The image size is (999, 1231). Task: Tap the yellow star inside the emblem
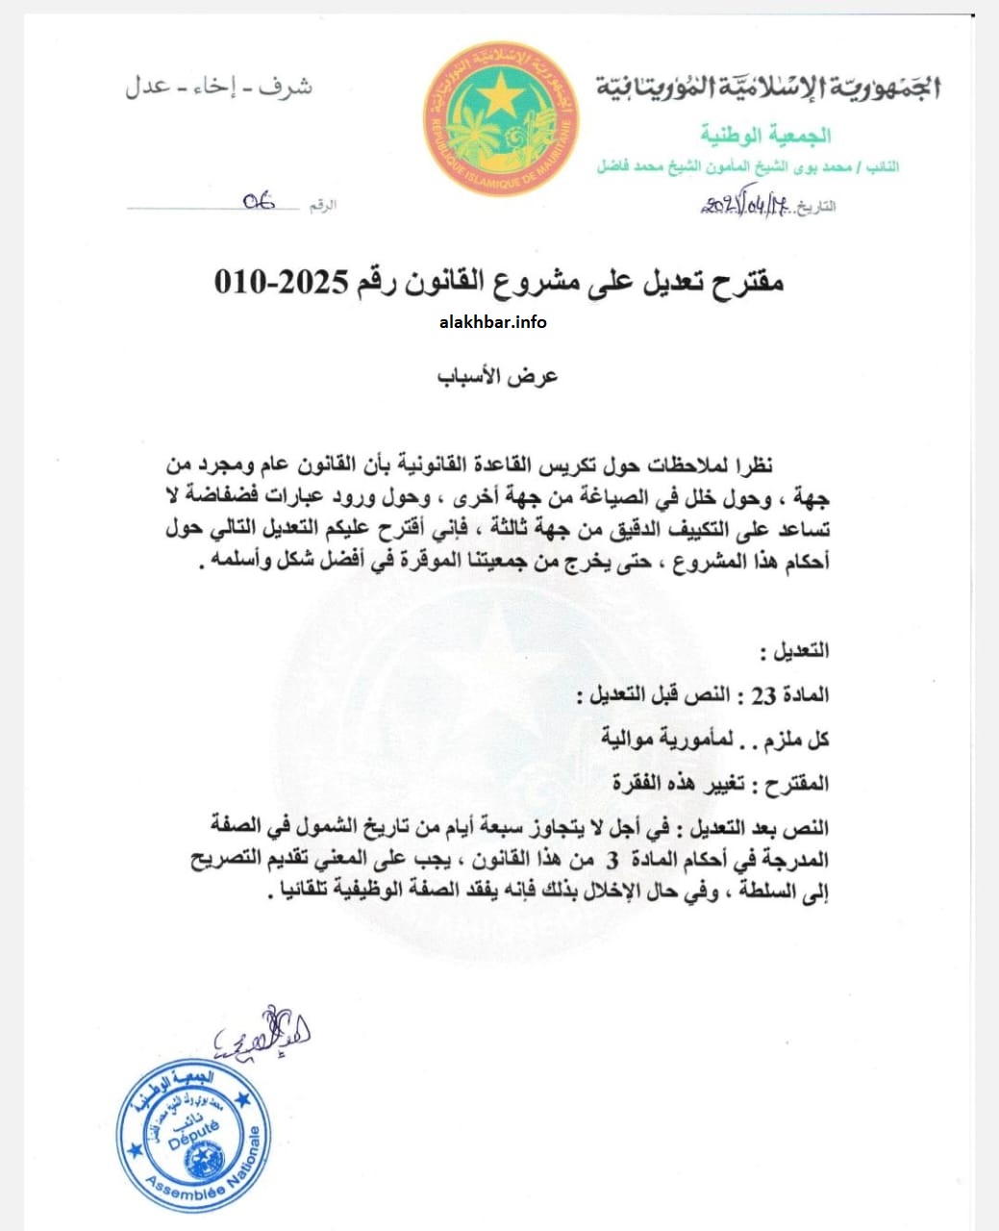[x=502, y=96]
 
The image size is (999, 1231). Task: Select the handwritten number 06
[x=258, y=201]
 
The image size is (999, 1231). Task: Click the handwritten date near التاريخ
[x=744, y=205]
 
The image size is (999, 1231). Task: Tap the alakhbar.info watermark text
[x=492, y=322]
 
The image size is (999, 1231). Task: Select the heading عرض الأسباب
[x=498, y=376]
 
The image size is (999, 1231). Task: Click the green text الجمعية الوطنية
[x=765, y=135]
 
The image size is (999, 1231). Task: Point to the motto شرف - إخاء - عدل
[x=218, y=87]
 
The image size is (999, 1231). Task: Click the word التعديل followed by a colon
[x=794, y=651]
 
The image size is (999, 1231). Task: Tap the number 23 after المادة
[x=762, y=695]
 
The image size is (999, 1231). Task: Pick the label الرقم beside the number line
[x=323, y=206]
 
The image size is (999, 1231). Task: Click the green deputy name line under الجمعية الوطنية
[x=748, y=166]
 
